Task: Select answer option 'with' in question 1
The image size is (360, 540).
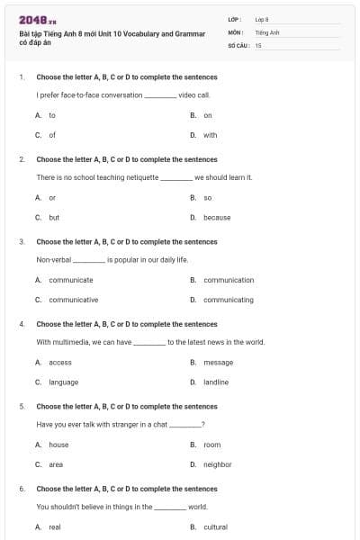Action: (210, 135)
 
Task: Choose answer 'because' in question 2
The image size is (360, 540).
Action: (216, 217)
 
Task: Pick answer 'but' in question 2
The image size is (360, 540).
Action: (54, 217)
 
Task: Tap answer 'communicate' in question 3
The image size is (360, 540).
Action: (70, 280)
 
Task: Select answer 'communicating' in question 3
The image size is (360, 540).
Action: (229, 300)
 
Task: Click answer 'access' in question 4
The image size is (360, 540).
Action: (59, 362)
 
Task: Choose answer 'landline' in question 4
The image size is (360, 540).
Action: (216, 382)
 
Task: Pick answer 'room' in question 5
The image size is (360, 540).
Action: (211, 445)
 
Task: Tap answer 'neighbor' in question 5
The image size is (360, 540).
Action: (217, 464)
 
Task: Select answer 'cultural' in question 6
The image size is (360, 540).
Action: (215, 526)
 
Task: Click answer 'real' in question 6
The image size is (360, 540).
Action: (54, 526)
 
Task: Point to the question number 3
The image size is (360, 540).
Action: (22, 241)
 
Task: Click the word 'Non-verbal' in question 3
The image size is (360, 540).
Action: (53, 259)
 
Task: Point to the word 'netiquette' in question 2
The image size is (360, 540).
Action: (140, 177)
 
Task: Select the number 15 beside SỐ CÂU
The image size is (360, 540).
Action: (258, 44)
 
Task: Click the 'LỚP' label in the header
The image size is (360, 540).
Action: (235, 19)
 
